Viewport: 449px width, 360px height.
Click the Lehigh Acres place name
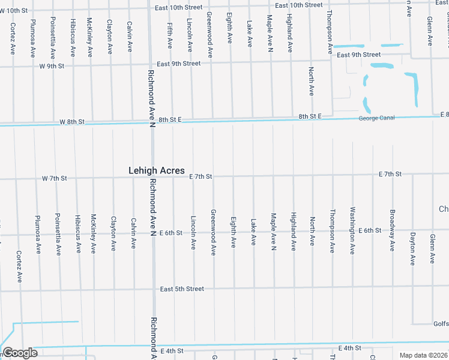pyautogui.click(x=157, y=171)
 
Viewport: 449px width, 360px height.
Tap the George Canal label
pyautogui.click(x=376, y=118)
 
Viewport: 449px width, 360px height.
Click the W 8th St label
pyautogui.click(x=71, y=122)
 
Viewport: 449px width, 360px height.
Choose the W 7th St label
pyautogui.click(x=54, y=179)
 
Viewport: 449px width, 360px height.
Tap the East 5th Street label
pyautogui.click(x=182, y=289)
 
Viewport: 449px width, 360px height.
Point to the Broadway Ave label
pyautogui.click(x=393, y=230)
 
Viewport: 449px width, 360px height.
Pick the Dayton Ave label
pyautogui.click(x=412, y=248)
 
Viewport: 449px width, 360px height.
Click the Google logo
pyautogui.click(x=20, y=353)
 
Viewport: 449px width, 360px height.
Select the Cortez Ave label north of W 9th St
pyautogui.click(x=13, y=38)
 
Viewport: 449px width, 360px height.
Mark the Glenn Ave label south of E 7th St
pyautogui.click(x=432, y=248)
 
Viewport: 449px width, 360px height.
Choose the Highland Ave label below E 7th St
pyautogui.click(x=293, y=231)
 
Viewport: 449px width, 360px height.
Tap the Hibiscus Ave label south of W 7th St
pyautogui.click(x=77, y=233)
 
